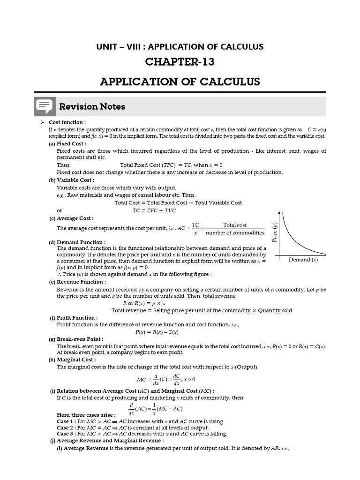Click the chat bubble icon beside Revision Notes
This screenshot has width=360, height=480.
coord(45,107)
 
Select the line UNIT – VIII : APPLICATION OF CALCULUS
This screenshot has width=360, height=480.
coord(180,47)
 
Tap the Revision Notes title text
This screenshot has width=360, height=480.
coord(92,107)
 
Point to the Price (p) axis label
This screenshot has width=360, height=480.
coord(274,232)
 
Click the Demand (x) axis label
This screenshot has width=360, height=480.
coord(303,260)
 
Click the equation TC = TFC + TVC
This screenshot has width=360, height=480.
coord(154,210)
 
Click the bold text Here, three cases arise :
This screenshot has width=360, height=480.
coord(86,415)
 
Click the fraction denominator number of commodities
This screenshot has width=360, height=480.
coord(235,233)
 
